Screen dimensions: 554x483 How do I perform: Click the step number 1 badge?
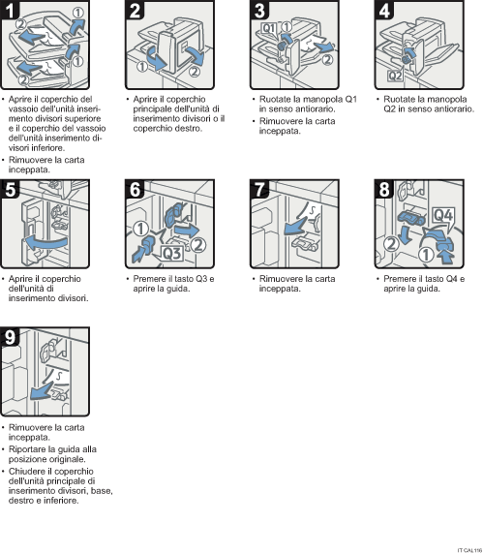[x=12, y=13]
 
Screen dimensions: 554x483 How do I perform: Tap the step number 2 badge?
[x=136, y=13]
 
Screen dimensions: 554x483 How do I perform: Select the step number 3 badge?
[x=259, y=13]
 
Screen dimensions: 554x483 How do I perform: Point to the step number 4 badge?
[x=383, y=13]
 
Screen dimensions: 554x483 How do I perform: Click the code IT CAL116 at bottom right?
[x=468, y=548]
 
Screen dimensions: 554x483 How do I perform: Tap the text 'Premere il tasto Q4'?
[x=416, y=279]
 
